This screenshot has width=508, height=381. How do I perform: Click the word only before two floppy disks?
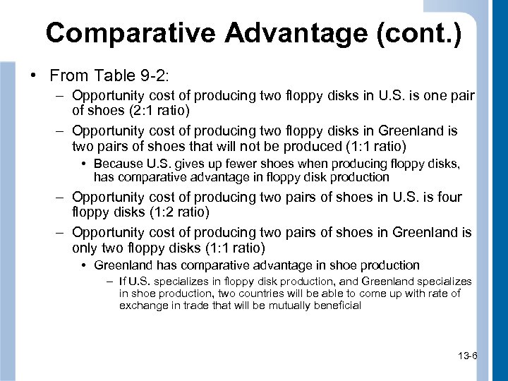coord(86,248)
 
